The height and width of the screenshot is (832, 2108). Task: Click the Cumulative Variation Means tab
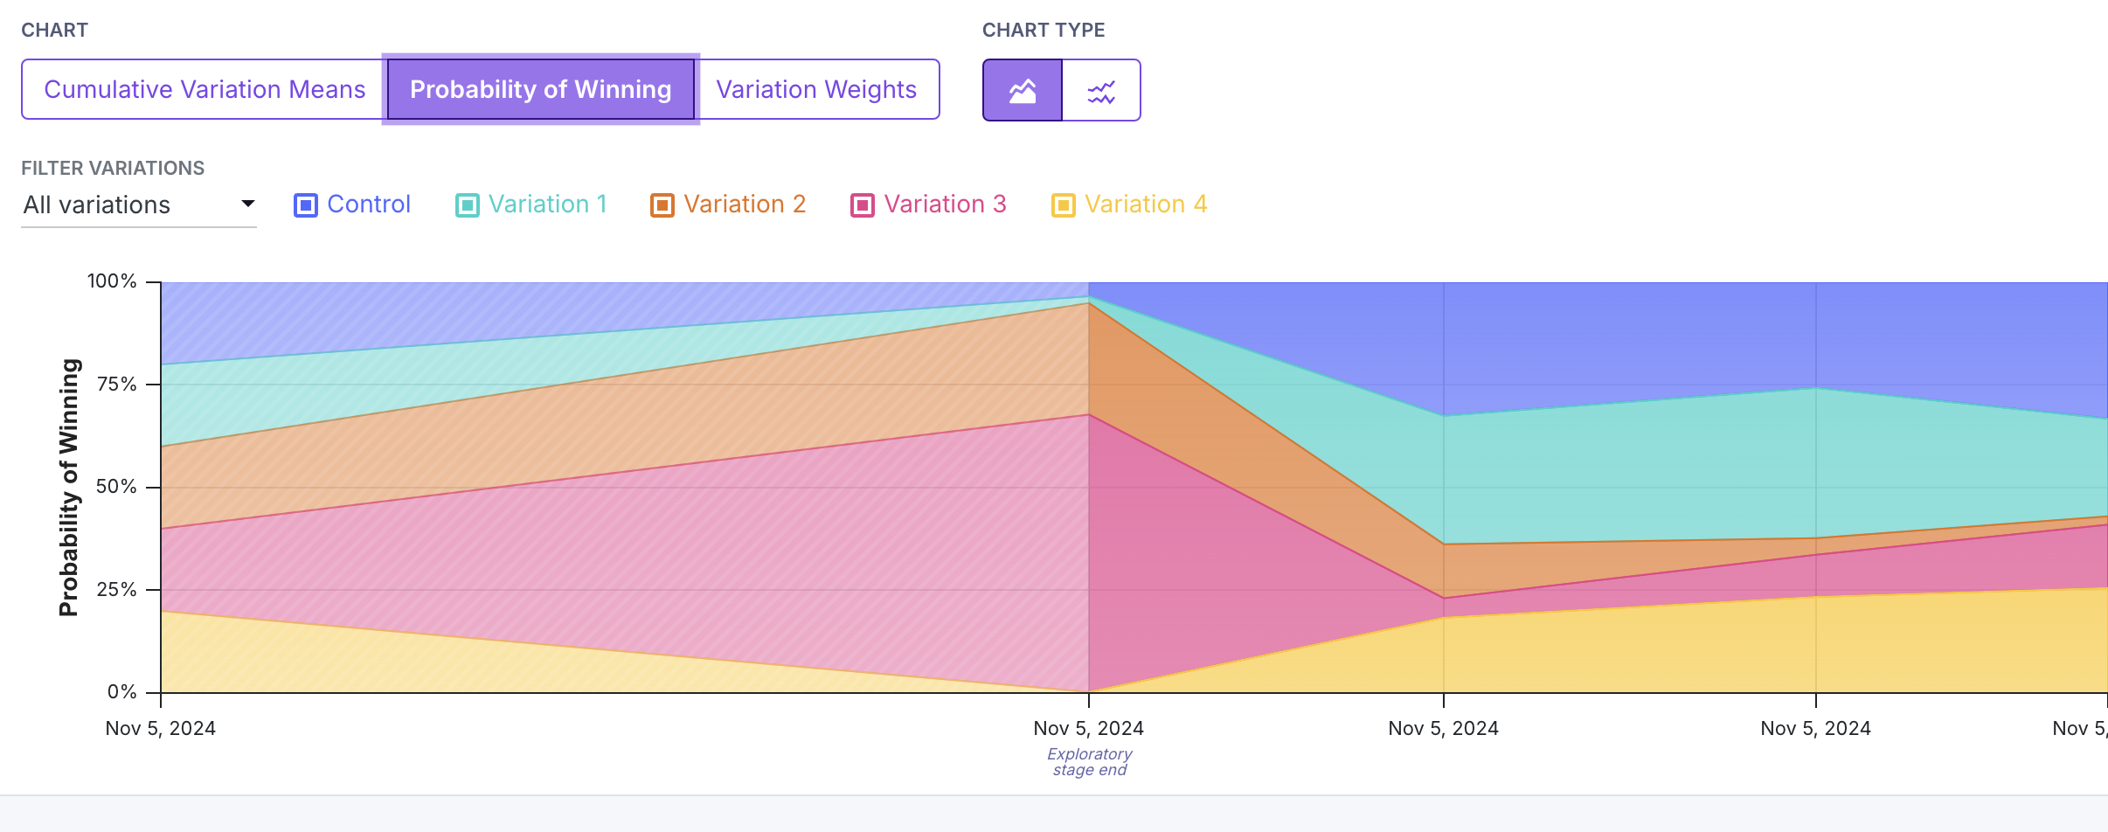pos(205,89)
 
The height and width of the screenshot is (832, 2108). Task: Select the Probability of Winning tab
pos(541,89)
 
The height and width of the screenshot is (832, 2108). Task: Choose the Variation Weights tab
pos(816,89)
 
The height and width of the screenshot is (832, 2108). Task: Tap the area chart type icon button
pos(1023,90)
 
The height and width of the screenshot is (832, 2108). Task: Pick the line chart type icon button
pos(1101,90)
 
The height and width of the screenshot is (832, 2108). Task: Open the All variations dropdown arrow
pos(248,204)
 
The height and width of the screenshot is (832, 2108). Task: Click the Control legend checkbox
pos(306,205)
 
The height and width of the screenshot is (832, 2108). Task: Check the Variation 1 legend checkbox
pos(468,205)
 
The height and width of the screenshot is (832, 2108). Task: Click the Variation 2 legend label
pos(745,205)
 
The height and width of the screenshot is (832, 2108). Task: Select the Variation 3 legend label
pos(946,205)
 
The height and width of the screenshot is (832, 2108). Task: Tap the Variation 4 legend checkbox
pos(1064,205)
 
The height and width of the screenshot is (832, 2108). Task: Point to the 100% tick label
pos(112,281)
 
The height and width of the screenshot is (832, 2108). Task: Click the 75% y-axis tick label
pos(117,385)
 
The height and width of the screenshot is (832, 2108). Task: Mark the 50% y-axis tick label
pos(117,487)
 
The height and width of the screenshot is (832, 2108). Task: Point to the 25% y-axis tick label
pos(117,590)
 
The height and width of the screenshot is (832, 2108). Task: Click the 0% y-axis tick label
pos(122,692)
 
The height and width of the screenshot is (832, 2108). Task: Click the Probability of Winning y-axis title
pos(69,488)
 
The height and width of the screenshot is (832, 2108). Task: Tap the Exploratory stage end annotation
pos(1090,761)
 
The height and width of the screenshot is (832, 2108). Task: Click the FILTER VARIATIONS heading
pos(113,168)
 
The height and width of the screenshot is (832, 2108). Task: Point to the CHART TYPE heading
pos(1044,31)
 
